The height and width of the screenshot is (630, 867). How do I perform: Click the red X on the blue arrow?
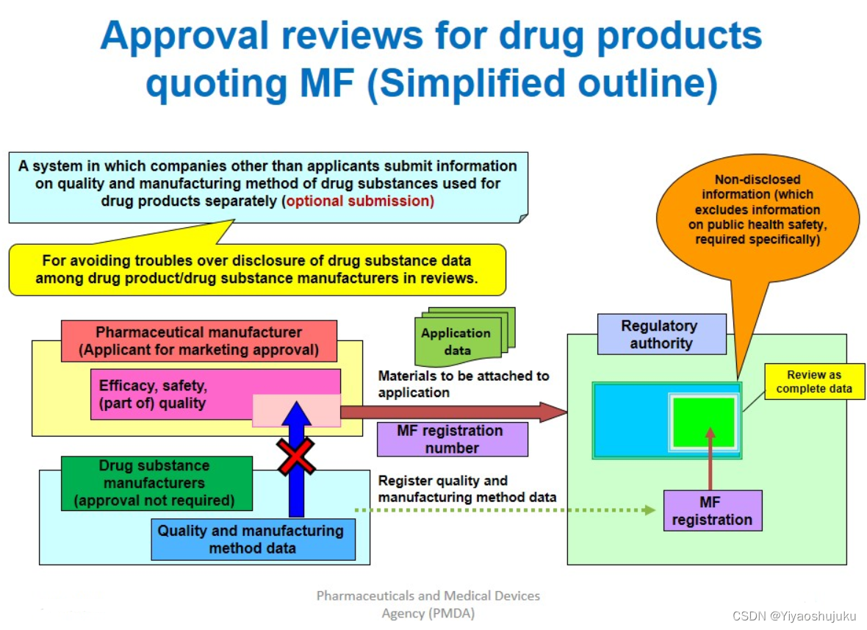coord(296,457)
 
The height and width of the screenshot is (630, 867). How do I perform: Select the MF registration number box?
coord(452,439)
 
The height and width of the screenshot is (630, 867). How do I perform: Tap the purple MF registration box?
coord(712,510)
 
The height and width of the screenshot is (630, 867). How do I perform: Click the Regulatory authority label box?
coord(661,334)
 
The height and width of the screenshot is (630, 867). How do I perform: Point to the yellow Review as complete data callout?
coord(814,382)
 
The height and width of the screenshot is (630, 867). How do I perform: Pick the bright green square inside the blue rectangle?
coord(704,422)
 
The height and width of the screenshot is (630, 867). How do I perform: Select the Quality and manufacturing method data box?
coord(252,539)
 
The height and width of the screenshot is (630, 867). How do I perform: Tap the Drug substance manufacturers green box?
coord(157,483)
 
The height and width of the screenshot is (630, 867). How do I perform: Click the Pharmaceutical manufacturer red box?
coord(198,341)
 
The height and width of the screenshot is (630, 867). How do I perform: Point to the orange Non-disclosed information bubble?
coord(757,213)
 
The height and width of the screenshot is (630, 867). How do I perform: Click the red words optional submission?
coord(359,201)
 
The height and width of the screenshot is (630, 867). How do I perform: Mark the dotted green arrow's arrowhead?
coord(650,509)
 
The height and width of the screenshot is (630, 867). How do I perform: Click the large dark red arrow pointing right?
coord(456,412)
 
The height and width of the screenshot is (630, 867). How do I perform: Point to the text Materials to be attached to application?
coord(463,384)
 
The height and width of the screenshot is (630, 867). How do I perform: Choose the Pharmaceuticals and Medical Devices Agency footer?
coord(428,604)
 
